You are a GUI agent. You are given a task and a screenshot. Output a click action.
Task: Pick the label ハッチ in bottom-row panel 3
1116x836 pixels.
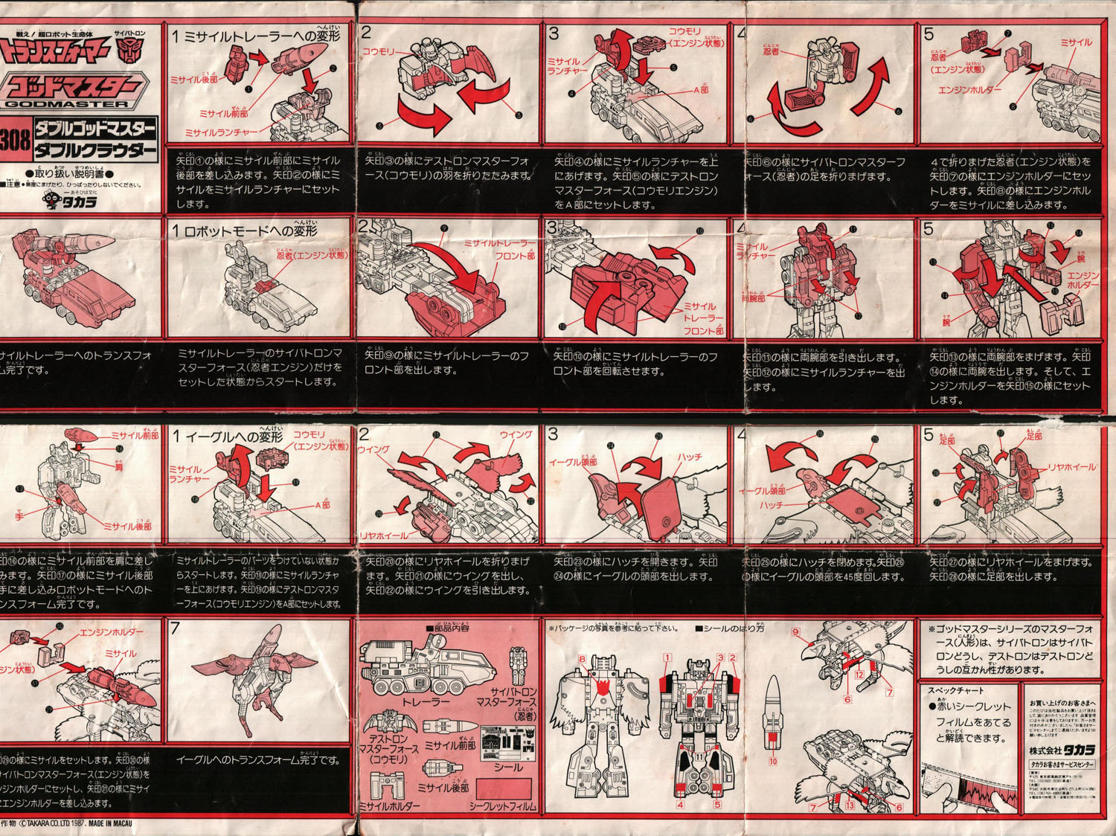click(688, 457)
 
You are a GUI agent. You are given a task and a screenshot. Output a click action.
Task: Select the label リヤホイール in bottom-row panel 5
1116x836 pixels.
click(1071, 467)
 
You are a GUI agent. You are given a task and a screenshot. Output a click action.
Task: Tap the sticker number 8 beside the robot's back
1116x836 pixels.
click(582, 659)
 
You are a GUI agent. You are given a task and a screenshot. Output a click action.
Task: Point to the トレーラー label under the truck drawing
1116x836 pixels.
click(425, 701)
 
